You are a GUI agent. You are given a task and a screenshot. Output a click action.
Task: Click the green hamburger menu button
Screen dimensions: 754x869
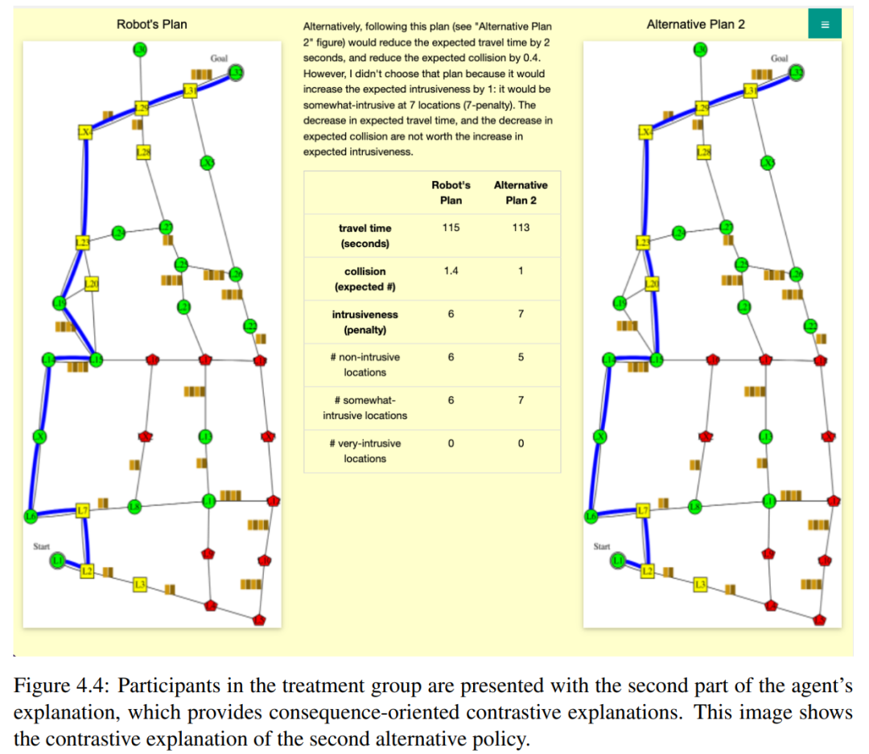(x=824, y=24)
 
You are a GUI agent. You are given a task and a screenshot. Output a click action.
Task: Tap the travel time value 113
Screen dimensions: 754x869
(x=521, y=228)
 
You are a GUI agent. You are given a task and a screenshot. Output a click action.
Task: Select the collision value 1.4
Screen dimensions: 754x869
(x=451, y=271)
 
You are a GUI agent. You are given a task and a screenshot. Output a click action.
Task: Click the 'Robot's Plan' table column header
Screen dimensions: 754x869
(x=451, y=192)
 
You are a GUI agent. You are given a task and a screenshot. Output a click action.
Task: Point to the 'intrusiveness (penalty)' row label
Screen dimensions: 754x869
(x=364, y=322)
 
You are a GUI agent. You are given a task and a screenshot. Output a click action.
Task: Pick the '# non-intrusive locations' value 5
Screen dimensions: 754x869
(x=521, y=357)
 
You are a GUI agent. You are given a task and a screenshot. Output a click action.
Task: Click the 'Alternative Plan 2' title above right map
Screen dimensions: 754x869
(x=695, y=24)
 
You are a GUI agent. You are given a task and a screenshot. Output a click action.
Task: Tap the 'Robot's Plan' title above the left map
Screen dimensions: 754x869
(x=151, y=24)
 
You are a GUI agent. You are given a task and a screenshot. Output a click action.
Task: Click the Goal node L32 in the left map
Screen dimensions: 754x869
(x=237, y=74)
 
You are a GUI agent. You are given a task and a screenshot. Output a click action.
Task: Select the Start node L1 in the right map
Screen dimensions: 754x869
(x=618, y=559)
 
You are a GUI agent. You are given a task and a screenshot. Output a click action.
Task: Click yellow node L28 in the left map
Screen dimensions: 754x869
(x=144, y=151)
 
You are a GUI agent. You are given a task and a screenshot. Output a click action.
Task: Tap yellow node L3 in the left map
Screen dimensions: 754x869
(x=140, y=584)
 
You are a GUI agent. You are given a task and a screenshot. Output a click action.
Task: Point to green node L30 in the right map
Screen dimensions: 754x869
(x=700, y=51)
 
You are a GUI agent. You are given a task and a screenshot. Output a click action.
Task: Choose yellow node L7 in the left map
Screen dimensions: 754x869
(x=81, y=510)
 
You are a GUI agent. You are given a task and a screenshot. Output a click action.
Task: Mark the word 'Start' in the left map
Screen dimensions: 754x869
(x=41, y=546)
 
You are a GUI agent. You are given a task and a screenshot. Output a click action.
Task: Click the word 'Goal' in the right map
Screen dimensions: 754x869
(x=779, y=59)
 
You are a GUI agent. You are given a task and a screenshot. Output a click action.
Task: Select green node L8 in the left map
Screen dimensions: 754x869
(x=135, y=506)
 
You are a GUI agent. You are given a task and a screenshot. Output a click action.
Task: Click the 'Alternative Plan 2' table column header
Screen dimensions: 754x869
(x=521, y=192)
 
